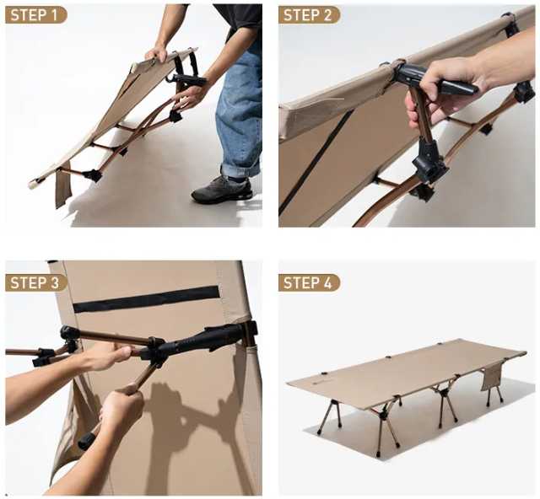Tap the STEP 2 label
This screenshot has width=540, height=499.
tap(309, 15)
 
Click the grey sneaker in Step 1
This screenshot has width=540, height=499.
tap(223, 190)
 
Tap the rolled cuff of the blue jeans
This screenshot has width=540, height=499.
tap(240, 170)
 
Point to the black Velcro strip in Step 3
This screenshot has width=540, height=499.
tap(146, 299)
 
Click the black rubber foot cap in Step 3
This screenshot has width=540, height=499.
tap(86, 442)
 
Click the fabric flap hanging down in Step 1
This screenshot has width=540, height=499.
tap(62, 184)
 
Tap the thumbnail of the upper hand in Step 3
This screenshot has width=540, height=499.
tap(127, 351)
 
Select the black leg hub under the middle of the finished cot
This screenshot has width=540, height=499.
tap(445, 392)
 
